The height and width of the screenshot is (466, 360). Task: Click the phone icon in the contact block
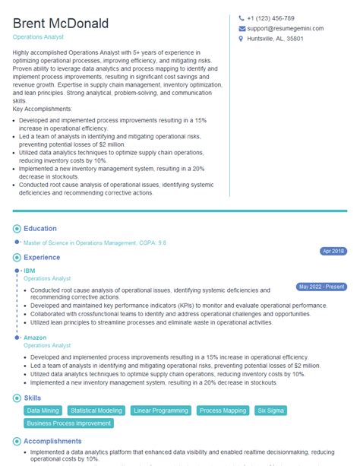pos(241,18)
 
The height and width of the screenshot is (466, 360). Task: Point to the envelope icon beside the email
pos(241,28)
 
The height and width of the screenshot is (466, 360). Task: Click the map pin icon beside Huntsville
pos(241,39)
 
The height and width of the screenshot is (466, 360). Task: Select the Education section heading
pos(40,229)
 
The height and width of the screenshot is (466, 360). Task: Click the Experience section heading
pos(43,258)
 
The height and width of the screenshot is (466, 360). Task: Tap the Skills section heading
pos(33,398)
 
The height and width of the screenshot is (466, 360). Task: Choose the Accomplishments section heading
pos(52,441)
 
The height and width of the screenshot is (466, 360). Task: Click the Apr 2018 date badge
pos(333,251)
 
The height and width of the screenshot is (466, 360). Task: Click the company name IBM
pos(30,271)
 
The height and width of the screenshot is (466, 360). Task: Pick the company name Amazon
pos(35,338)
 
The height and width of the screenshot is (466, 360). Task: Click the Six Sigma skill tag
pos(270,411)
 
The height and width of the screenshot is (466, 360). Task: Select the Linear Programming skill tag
pos(161,411)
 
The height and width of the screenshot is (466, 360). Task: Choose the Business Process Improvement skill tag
pos(69,423)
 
